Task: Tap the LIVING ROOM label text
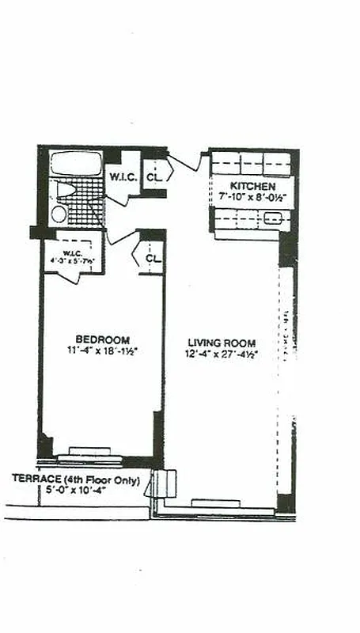pyautogui.click(x=222, y=343)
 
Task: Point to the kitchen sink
pyautogui.click(x=272, y=218)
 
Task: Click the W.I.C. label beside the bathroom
pyautogui.click(x=122, y=176)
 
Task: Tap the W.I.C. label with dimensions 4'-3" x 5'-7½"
pyautogui.click(x=74, y=255)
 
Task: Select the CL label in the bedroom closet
pyautogui.click(x=153, y=258)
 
